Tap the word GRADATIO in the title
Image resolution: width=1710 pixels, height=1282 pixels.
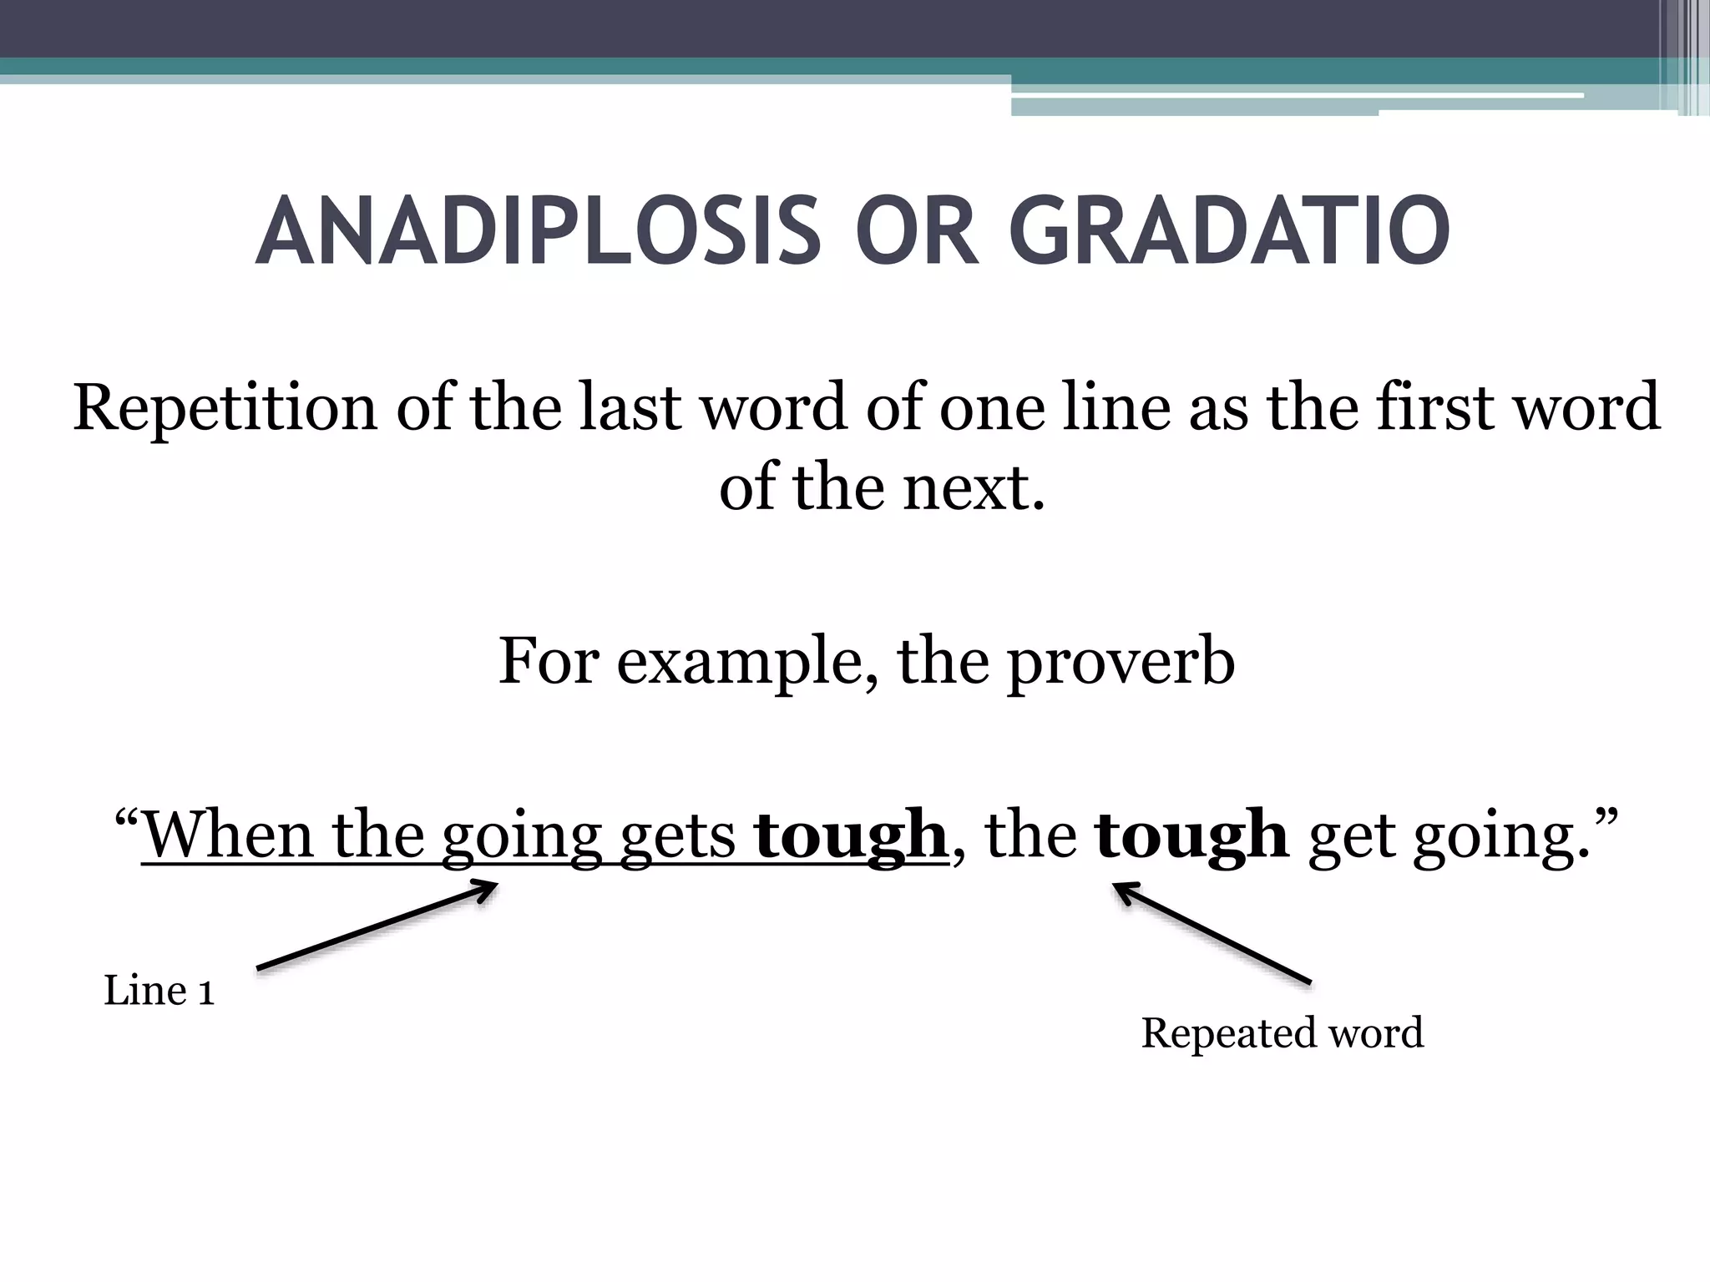[1229, 231]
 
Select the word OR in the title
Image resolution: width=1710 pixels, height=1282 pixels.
[916, 231]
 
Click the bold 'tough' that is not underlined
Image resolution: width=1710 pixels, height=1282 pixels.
[1191, 835]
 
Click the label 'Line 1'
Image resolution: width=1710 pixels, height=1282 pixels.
[159, 991]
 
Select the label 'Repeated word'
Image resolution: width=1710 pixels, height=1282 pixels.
[1282, 1033]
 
